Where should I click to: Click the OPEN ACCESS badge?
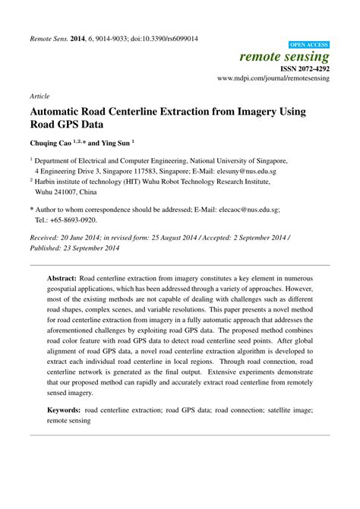coord(310,46)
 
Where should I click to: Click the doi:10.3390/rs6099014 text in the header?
coord(160,39)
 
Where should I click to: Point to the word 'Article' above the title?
coord(39,96)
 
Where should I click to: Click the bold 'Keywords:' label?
coord(65,410)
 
